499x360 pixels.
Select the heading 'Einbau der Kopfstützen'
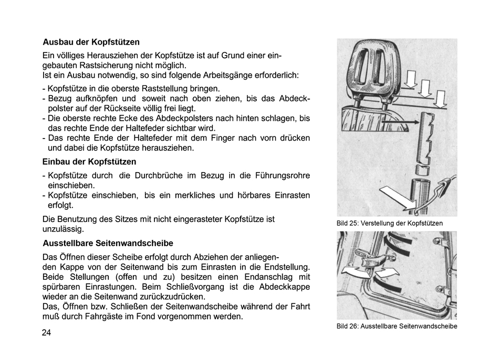pyautogui.click(x=89, y=161)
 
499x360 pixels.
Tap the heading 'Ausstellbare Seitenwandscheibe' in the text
pyautogui.click(x=108, y=243)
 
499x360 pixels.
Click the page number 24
pyautogui.click(x=47, y=332)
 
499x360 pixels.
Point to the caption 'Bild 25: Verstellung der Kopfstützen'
pyautogui.click(x=389, y=224)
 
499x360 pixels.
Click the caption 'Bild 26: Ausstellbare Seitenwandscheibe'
pyautogui.click(x=397, y=326)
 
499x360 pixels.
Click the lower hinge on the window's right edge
pyautogui.click(x=443, y=291)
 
